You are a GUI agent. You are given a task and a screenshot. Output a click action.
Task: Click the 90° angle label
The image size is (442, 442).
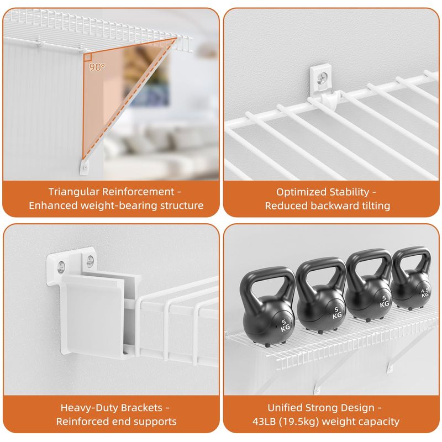tap(97, 67)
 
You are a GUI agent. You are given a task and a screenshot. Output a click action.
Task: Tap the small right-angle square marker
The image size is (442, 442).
tap(88, 57)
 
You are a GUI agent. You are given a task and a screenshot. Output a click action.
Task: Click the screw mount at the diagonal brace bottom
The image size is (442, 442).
tap(85, 167)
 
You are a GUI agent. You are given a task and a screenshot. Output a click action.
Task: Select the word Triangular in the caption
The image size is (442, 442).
tap(73, 192)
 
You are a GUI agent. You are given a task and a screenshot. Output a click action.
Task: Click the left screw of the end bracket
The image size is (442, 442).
tap(61, 267)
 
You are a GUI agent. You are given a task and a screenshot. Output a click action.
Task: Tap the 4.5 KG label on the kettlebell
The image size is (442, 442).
tap(424, 293)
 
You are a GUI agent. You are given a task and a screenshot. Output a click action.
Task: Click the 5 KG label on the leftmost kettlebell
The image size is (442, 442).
tap(285, 325)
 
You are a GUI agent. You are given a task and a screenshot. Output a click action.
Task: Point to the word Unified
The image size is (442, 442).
tap(285, 408)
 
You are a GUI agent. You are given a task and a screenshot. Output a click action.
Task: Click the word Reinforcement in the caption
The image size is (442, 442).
tap(138, 192)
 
